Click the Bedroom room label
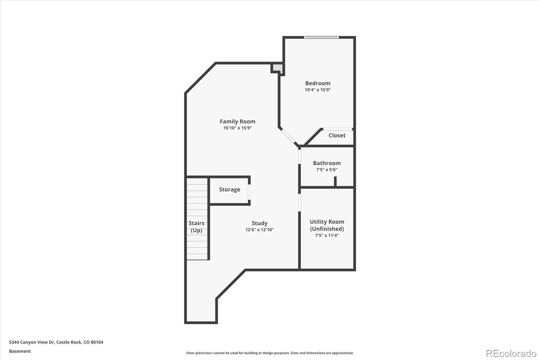pyautogui.click(x=318, y=83)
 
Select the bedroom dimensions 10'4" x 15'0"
pyautogui.click(x=318, y=90)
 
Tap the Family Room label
pyautogui.click(x=237, y=121)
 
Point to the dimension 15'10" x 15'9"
pyautogui.click(x=237, y=128)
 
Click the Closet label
pyautogui.click(x=337, y=135)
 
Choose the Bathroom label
pyautogui.click(x=327, y=163)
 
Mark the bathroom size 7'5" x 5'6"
pyautogui.click(x=327, y=170)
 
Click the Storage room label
pyautogui.click(x=230, y=189)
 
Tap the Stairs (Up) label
pyautogui.click(x=196, y=227)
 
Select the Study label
pyautogui.click(x=260, y=223)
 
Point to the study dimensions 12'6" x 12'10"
pyautogui.click(x=260, y=230)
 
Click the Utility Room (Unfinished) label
pyautogui.click(x=327, y=225)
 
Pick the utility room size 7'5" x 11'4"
pyautogui.click(x=327, y=235)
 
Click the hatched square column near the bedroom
pyautogui.click(x=277, y=68)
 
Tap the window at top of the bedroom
pyautogui.click(x=321, y=37)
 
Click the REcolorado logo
pyautogui.click(x=511, y=354)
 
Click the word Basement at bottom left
pyautogui.click(x=20, y=351)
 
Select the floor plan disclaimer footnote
pyautogui.click(x=270, y=353)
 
